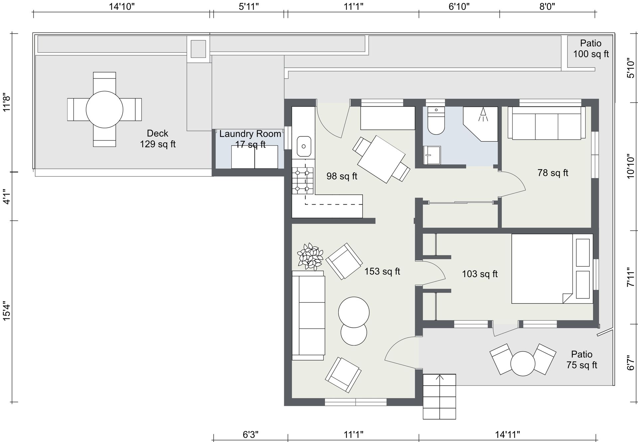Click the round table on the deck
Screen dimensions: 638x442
pos(104,109)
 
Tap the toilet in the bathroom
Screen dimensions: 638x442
pos(436,120)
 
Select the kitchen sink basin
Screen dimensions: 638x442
pos(304,146)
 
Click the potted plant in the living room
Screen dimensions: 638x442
pos(310,257)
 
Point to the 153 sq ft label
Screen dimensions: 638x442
pos(382,272)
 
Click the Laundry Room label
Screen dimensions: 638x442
pos(250,134)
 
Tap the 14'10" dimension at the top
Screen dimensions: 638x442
pos(122,6)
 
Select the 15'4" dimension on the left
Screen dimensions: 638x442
pos(7,311)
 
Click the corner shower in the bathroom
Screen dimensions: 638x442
pos(480,124)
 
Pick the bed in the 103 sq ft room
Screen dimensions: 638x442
pos(552,269)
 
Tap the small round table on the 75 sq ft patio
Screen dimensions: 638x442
pos(523,364)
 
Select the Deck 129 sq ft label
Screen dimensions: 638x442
pos(158,139)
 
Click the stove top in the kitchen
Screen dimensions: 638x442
pos(303,181)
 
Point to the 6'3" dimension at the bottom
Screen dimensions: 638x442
pos(251,434)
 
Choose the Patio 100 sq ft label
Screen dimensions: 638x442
pos(591,49)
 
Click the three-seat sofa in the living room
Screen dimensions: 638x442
pos(308,315)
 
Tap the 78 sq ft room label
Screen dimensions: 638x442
pos(553,173)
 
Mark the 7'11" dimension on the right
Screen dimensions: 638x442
pos(631,277)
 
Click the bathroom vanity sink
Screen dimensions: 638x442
pos(432,155)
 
